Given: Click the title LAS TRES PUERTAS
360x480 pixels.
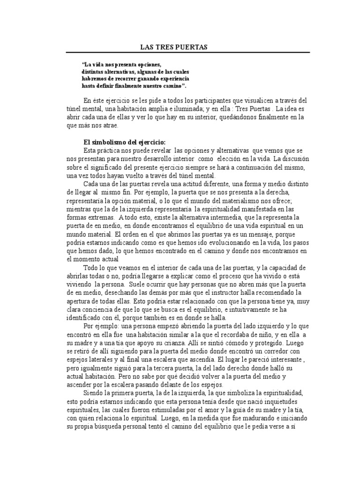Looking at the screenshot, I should [x=174, y=47].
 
